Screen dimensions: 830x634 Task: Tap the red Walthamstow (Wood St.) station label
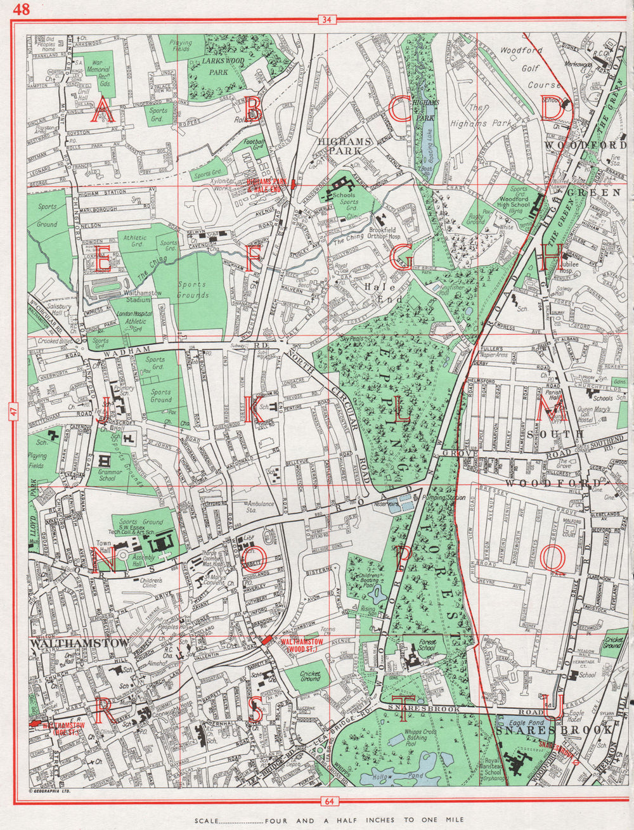coord(301,645)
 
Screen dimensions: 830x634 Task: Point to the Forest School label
coord(427,645)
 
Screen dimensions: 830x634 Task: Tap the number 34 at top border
coord(327,20)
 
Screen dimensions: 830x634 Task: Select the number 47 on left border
coord(13,412)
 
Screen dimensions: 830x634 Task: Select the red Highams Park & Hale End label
coord(267,185)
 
